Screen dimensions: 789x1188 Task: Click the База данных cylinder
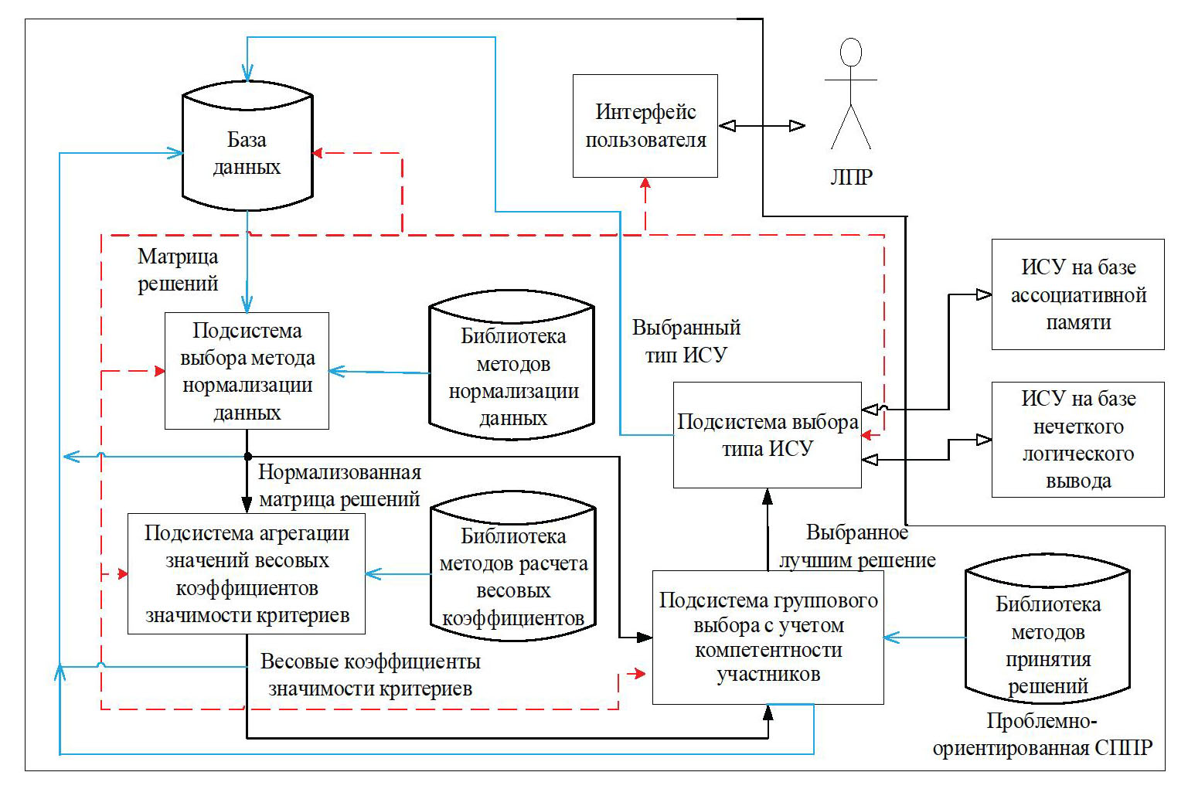(247, 153)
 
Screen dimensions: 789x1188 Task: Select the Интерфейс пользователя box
(645, 126)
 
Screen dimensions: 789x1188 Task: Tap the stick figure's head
(851, 52)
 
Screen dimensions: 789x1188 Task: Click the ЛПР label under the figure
(851, 177)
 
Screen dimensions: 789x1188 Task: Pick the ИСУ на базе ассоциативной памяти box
(1077, 294)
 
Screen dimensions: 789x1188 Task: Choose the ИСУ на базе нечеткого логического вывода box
(1077, 439)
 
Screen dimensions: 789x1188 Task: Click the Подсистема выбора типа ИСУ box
(767, 435)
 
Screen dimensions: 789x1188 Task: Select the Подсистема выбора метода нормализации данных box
(247, 371)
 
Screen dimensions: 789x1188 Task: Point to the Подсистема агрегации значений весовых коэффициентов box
(247, 573)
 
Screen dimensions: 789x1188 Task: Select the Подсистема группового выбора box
(768, 638)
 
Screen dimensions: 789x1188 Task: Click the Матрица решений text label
(178, 270)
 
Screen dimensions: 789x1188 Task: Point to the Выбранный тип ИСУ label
(686, 341)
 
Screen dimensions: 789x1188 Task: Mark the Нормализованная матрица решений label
(339, 485)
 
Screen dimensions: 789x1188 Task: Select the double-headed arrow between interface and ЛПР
(762, 125)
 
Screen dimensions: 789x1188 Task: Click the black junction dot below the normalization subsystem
(247, 456)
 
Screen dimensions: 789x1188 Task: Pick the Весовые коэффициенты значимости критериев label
(370, 675)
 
